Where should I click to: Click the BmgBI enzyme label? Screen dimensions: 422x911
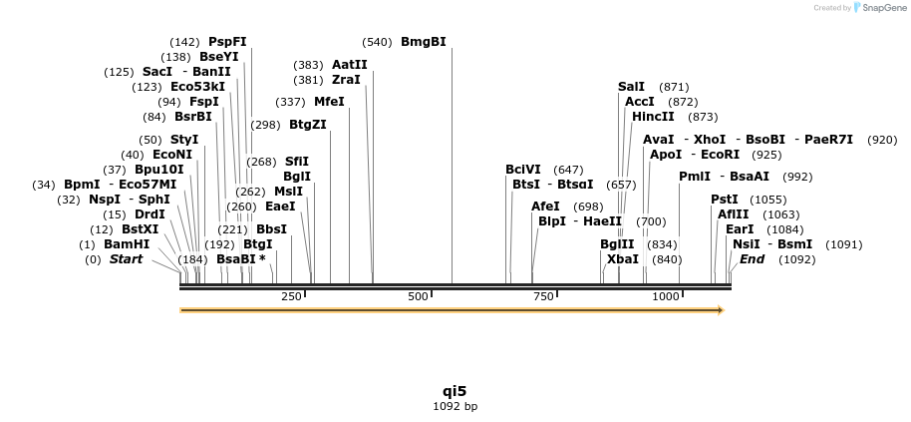click(x=424, y=42)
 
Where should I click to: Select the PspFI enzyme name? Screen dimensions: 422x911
click(x=227, y=42)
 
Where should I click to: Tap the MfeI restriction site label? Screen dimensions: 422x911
click(x=329, y=102)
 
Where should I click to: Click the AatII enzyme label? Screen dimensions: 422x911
click(x=350, y=64)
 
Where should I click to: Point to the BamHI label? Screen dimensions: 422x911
click(x=127, y=243)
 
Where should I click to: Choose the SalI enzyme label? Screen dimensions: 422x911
click(x=631, y=87)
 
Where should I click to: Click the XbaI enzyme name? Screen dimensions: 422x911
click(x=623, y=259)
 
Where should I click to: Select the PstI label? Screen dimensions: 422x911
click(x=725, y=200)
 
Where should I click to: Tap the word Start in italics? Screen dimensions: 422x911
click(x=126, y=259)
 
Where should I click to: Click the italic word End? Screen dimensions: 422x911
click(x=753, y=259)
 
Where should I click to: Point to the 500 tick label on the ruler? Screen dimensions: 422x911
click(x=419, y=296)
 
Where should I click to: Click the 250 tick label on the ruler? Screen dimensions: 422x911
click(x=291, y=296)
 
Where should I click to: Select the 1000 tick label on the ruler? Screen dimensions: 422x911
click(x=665, y=296)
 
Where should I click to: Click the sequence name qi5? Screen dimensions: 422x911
click(x=455, y=391)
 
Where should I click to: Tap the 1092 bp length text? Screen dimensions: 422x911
click(x=455, y=406)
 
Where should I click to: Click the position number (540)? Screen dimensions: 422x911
click(x=378, y=42)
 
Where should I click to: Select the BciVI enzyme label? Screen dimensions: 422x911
click(x=523, y=170)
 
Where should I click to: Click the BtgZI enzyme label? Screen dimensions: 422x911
click(x=308, y=125)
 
